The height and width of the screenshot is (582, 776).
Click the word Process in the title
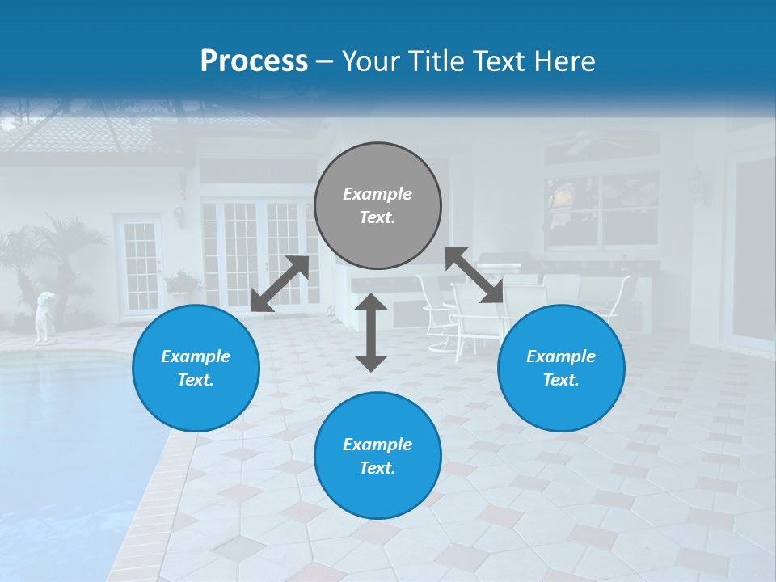(254, 61)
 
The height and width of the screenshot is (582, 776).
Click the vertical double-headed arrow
(371, 332)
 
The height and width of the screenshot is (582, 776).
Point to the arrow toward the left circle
(280, 284)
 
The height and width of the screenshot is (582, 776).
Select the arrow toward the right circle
(474, 275)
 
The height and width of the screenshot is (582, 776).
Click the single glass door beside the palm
(139, 264)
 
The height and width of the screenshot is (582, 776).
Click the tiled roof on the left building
(89, 133)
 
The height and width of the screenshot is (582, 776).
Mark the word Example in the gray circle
(377, 194)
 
